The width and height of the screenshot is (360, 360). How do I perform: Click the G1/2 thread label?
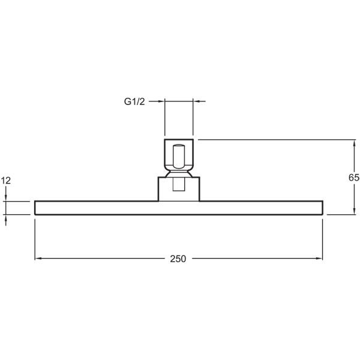pos(134,101)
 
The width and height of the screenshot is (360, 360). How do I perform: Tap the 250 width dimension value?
pos(178,259)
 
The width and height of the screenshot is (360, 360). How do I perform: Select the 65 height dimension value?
pos(354,178)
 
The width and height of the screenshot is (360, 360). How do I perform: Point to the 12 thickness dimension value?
pos(6,181)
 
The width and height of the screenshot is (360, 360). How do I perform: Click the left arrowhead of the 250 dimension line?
pos(38,259)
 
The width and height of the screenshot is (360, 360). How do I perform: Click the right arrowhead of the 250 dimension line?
pos(319,259)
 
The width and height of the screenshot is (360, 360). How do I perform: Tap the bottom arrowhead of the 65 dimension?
pos(355,211)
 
